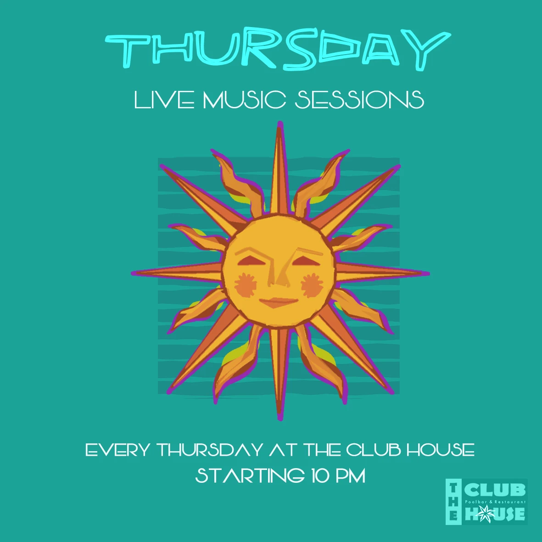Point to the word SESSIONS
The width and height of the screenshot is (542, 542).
[x=359, y=100]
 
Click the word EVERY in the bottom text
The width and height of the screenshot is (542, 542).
[x=118, y=450]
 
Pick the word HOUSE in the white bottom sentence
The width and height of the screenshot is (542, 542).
[x=440, y=449]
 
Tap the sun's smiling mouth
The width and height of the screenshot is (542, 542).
[x=279, y=303]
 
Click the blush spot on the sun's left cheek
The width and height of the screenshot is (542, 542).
[x=246, y=284]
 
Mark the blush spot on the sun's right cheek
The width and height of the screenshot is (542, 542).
[x=312, y=285]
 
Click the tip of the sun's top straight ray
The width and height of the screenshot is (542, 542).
[x=280, y=124]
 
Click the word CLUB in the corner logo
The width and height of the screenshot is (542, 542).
[x=495, y=490]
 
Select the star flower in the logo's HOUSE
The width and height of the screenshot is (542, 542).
[x=485, y=513]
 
